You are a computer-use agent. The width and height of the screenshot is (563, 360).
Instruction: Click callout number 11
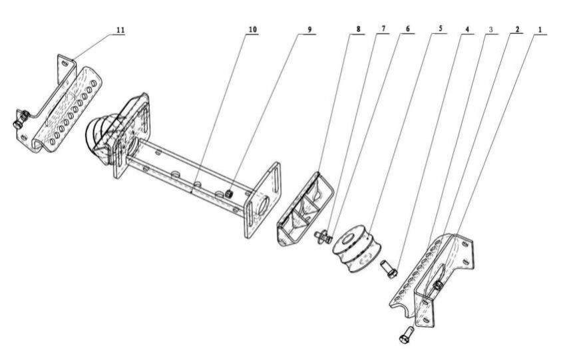(x=120, y=30)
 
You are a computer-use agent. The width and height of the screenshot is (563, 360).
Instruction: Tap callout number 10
(x=253, y=29)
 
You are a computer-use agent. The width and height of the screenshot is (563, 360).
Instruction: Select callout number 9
(x=309, y=29)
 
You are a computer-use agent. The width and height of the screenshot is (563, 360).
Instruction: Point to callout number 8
(x=358, y=29)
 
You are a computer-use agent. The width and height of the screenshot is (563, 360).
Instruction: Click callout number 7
(x=383, y=29)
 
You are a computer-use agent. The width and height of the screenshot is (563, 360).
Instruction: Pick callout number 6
(x=407, y=29)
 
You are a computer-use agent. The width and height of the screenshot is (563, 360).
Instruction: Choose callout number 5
(x=440, y=29)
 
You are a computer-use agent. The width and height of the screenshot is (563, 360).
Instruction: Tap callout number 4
(x=467, y=29)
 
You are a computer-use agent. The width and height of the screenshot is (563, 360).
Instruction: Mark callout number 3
(x=491, y=29)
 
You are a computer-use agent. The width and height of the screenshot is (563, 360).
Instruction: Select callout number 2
(x=517, y=29)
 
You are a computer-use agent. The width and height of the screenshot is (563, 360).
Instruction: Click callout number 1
(x=540, y=29)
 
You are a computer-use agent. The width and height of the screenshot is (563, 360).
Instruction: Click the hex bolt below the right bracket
(x=406, y=335)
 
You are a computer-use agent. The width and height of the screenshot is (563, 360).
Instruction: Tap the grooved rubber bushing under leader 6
(x=357, y=249)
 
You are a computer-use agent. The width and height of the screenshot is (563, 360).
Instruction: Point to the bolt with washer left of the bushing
(x=323, y=236)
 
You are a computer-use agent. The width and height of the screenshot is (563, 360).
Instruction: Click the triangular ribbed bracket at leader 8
(x=305, y=210)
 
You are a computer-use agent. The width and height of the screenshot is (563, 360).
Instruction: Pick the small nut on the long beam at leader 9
(x=229, y=194)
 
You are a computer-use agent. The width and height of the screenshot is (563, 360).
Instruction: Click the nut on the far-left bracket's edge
(x=21, y=120)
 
